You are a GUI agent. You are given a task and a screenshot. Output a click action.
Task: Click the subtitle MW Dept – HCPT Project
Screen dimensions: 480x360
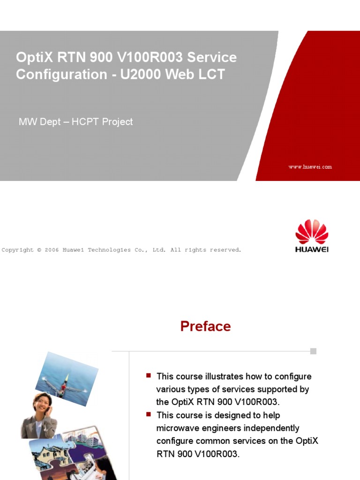point(75,122)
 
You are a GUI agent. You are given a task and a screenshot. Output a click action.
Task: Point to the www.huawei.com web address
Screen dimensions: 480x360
point(310,167)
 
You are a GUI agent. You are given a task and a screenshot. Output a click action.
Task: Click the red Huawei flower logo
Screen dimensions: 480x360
point(312,232)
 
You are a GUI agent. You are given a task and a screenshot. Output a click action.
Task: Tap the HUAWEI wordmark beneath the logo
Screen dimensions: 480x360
point(312,249)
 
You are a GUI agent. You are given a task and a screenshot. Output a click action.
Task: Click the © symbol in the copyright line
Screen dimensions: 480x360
point(39,250)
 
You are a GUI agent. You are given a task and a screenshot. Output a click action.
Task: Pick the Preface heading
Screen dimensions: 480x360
point(205,326)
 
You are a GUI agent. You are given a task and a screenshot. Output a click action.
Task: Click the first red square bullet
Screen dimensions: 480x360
point(149,375)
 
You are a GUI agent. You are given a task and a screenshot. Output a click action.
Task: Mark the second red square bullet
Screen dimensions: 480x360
point(149,414)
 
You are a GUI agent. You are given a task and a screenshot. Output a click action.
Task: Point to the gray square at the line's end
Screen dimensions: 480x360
point(313,351)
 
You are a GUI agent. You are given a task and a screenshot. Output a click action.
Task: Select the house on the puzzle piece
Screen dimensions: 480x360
point(47,452)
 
